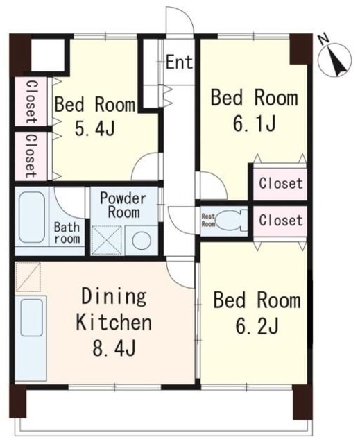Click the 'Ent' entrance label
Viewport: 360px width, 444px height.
(x=179, y=62)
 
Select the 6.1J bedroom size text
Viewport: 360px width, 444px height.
(x=254, y=123)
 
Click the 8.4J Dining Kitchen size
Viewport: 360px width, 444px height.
(x=114, y=348)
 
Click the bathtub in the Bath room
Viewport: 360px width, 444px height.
(x=31, y=217)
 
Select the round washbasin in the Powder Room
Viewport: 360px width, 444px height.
(x=142, y=241)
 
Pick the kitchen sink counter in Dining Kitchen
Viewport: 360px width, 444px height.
(x=31, y=338)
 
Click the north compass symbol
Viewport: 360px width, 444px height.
(x=335, y=60)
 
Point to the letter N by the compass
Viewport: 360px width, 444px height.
(x=323, y=39)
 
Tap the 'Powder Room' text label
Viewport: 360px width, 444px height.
(x=123, y=205)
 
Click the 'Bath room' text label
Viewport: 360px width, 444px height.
(x=67, y=233)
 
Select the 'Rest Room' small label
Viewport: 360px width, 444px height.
(x=208, y=220)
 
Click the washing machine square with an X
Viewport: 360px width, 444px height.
(x=106, y=240)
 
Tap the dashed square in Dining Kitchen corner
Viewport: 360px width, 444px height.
(x=28, y=277)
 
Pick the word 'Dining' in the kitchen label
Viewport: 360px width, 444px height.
(x=114, y=297)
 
